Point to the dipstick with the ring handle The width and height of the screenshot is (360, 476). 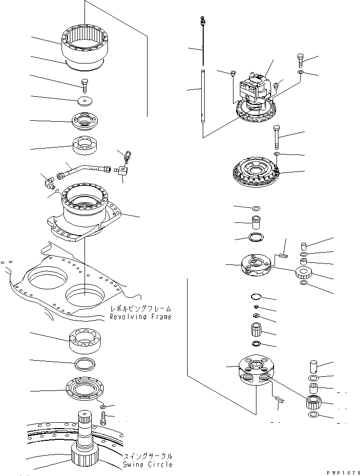(x=203, y=39)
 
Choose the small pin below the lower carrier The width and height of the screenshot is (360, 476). (x=280, y=399)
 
